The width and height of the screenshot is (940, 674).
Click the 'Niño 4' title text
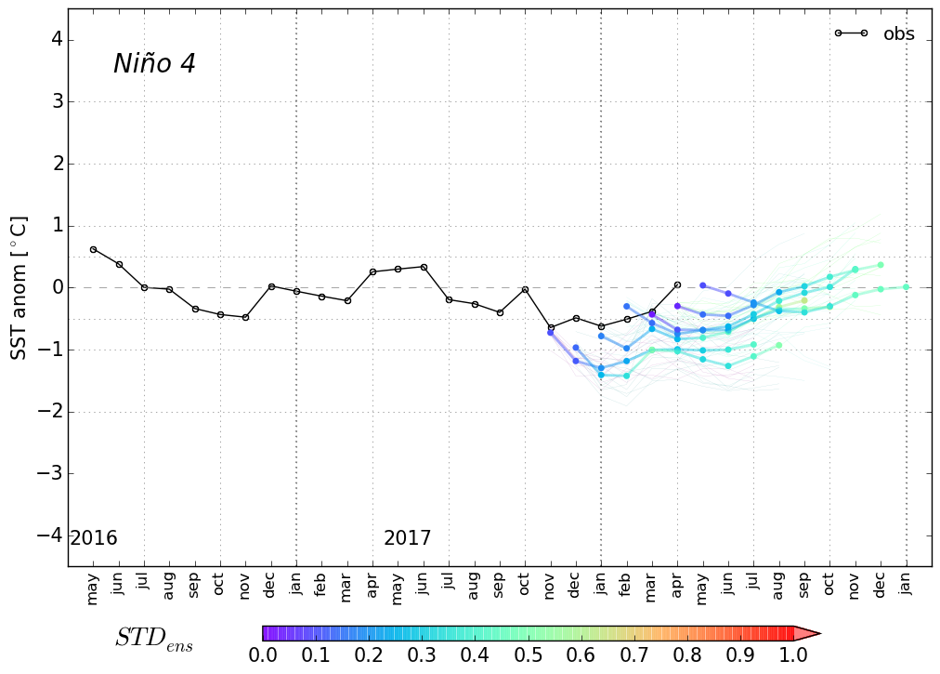pos(154,64)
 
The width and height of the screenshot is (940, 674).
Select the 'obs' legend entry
pos(898,34)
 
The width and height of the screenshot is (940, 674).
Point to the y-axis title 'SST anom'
pos(19,287)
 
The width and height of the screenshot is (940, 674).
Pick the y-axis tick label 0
pos(57,288)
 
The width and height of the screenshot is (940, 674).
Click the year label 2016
pos(94,538)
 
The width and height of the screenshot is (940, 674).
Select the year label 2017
pos(407,538)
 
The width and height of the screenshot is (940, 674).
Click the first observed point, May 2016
pos(93,249)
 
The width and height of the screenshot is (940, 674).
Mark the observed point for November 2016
pos(245,317)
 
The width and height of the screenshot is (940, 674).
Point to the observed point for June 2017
pos(424,267)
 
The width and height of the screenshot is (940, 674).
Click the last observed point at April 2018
pos(677,284)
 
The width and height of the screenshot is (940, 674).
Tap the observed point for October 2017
pos(525,289)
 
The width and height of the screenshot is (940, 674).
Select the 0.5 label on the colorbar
pos(529,654)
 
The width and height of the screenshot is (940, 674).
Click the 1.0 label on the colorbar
pos(792,654)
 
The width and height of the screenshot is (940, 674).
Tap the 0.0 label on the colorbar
pos(263,654)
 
